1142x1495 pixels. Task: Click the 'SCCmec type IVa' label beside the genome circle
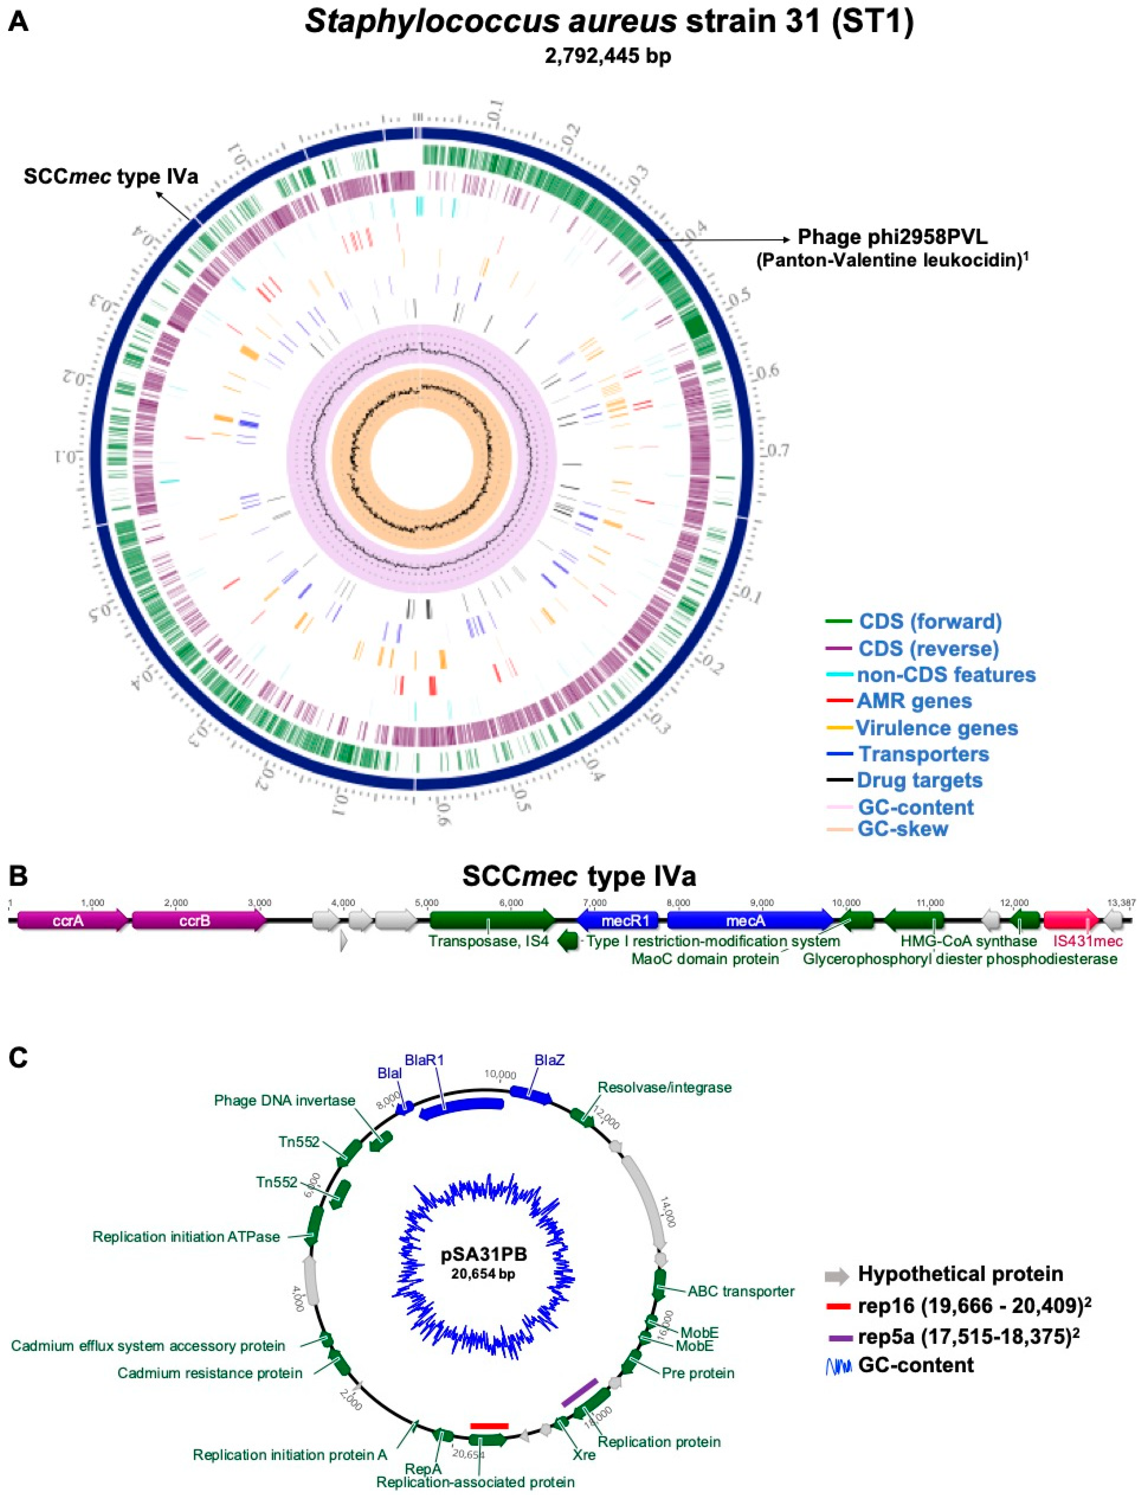point(111,177)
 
